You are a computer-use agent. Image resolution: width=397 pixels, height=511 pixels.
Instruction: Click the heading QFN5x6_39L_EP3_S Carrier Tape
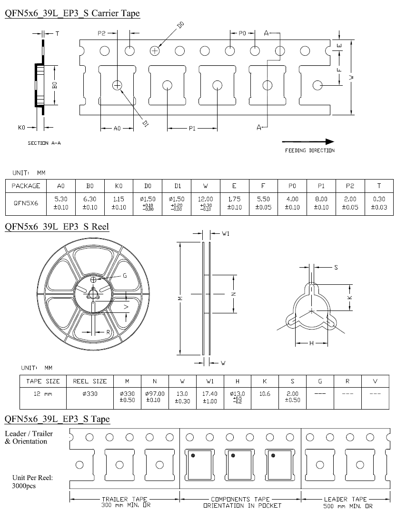[x=72, y=13]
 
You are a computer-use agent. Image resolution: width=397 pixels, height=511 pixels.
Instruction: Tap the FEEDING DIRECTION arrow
[x=308, y=141]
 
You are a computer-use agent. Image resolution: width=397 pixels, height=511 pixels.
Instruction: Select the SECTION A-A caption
[x=44, y=143]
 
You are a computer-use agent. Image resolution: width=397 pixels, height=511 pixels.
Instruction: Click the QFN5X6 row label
[x=26, y=201]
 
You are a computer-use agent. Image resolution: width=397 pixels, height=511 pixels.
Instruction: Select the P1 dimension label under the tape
[x=192, y=129]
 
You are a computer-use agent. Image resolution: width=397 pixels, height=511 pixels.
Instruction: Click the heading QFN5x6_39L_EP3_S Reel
[x=57, y=226]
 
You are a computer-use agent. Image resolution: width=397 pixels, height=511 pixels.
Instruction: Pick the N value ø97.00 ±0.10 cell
[x=155, y=397]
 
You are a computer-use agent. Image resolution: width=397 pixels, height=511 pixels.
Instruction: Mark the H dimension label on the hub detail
[x=311, y=343]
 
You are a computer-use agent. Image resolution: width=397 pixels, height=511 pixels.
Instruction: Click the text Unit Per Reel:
[x=32, y=478]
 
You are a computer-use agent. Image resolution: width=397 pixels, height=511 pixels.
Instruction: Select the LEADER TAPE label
[x=346, y=499]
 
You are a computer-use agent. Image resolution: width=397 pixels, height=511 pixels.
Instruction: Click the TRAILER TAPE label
[x=125, y=499]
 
